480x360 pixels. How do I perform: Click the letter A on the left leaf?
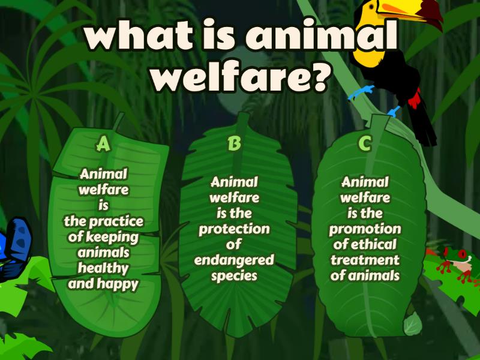point(104,144)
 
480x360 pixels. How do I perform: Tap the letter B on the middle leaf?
point(235,144)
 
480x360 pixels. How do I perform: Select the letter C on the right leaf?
point(364,144)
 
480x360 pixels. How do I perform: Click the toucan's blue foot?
point(362,92)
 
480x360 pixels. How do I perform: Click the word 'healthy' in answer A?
point(103,268)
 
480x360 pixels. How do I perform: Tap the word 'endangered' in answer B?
point(234,260)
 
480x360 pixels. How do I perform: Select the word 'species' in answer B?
point(234,275)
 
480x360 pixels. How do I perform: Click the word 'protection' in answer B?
point(234,229)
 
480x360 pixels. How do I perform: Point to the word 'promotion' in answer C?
point(365,229)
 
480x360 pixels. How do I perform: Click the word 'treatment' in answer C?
point(365,260)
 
